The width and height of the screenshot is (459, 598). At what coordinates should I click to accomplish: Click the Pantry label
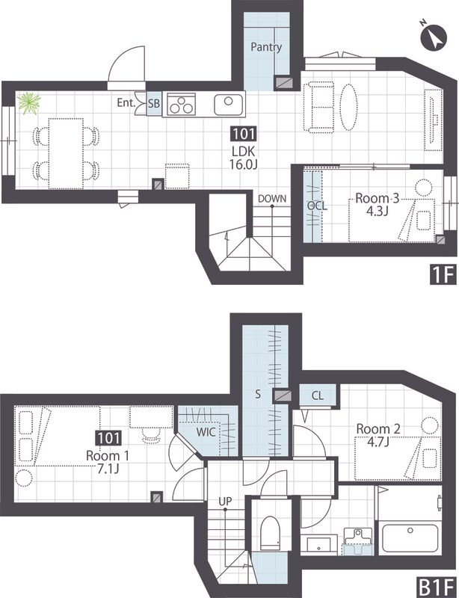[266, 47]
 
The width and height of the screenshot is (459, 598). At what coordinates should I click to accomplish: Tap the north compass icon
[433, 37]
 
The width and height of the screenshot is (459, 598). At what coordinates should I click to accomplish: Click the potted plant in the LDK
[29, 102]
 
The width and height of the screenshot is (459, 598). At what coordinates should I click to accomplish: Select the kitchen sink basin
[229, 105]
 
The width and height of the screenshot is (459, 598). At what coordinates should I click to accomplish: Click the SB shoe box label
[154, 103]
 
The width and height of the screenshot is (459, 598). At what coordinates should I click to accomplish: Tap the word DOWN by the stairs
[272, 198]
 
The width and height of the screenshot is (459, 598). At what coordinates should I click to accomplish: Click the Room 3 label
[377, 198]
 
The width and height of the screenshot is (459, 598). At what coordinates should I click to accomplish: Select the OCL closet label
[317, 206]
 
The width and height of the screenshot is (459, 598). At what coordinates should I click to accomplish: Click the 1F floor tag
[443, 274]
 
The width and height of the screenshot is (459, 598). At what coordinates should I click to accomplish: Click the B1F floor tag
[437, 587]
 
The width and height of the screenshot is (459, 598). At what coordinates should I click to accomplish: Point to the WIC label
[206, 433]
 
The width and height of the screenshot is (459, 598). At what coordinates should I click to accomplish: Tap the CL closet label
[318, 395]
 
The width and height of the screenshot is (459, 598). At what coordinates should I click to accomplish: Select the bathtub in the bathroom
[410, 537]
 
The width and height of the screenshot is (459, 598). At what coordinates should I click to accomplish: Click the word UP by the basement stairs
[225, 501]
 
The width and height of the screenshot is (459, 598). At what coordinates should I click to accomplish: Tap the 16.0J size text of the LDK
[244, 164]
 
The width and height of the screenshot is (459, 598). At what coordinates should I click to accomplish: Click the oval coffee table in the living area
[348, 107]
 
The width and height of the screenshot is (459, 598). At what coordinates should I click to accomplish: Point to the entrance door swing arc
[126, 64]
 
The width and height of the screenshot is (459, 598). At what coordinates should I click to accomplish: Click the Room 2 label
[378, 429]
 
